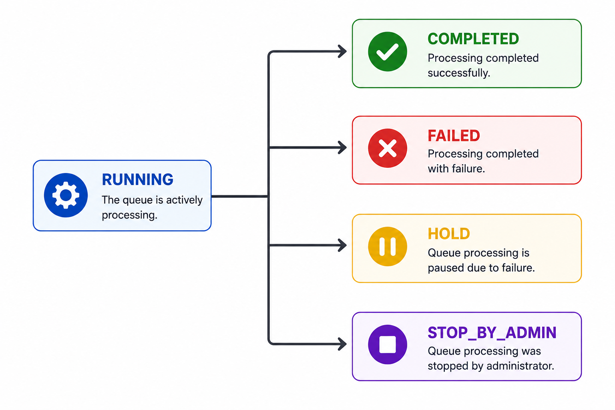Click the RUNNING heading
point(137,180)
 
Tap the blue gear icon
point(66,195)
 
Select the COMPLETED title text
point(473,39)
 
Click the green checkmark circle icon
point(388,52)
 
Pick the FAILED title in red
point(454,136)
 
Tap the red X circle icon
point(388,148)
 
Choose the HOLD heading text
point(449,234)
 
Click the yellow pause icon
point(388,246)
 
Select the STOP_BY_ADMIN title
point(492,333)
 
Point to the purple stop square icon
point(388,344)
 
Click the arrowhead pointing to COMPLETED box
point(342,51)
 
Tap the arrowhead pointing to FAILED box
point(342,147)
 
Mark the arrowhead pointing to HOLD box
point(342,245)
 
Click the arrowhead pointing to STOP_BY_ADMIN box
point(342,344)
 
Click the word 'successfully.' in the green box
point(459,73)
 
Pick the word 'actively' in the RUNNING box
point(184,200)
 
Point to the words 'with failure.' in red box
point(456,169)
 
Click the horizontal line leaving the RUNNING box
point(240,196)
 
